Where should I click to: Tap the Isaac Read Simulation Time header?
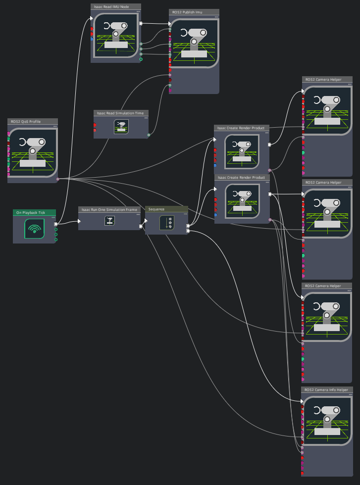tap(121, 113)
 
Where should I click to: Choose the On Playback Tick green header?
tap(34, 212)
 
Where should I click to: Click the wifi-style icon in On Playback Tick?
tap(34, 229)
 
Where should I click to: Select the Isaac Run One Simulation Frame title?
tap(109, 209)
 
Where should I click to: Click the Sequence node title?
tap(166, 209)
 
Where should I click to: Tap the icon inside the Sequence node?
tap(166, 223)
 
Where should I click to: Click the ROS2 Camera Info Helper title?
tap(327, 389)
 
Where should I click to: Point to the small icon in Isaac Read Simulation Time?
tap(121, 126)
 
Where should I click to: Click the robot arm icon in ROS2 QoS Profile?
tap(33, 152)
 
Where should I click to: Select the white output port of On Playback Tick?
tap(55, 224)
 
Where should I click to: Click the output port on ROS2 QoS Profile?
tap(58, 179)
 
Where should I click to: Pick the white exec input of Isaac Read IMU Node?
tap(92, 18)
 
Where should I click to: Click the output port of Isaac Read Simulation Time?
tap(149, 135)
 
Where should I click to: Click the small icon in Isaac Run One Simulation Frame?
tap(109, 221)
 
